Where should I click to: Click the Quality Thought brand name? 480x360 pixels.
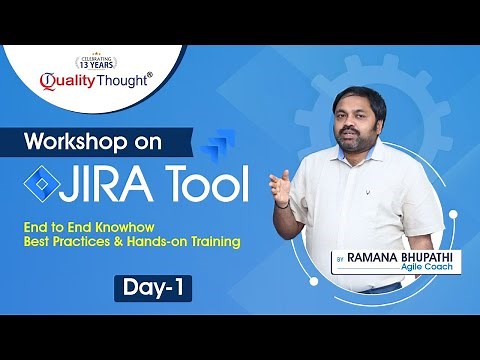point(96,80)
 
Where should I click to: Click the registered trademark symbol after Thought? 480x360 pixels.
point(150,72)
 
